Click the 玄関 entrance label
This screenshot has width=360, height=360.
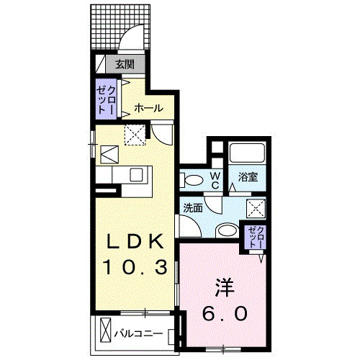pyautogui.click(x=125, y=63)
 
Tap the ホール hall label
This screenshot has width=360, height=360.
pyautogui.click(x=148, y=109)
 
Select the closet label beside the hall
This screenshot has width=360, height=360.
pyautogui.click(x=106, y=100)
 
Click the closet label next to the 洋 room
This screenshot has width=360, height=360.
pyautogui.click(x=256, y=236)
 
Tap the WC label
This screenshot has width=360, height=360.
pyautogui.click(x=215, y=179)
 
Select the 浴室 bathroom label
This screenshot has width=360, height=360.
pyautogui.click(x=248, y=176)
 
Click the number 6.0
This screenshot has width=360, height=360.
pyautogui.click(x=220, y=315)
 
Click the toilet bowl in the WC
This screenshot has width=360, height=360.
pyautogui.click(x=191, y=179)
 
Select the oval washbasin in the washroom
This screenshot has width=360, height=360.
pyautogui.click(x=226, y=230)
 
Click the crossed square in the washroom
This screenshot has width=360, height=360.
pyautogui.click(x=256, y=208)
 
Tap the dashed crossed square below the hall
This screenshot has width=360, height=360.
pyautogui.click(x=133, y=133)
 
